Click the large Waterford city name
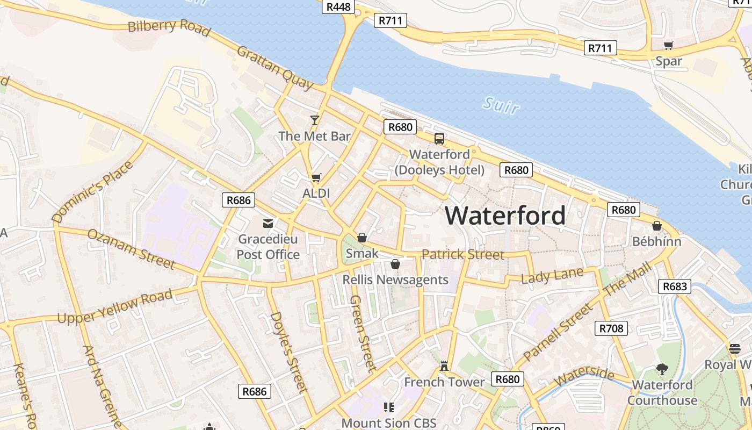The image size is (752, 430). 505,216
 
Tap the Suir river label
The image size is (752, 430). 501,105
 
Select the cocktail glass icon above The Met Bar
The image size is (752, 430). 315,120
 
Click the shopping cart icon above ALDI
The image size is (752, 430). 316,177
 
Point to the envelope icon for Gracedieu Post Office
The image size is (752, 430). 267,224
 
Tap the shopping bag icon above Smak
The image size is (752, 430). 362,238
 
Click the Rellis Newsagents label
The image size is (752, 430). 395,279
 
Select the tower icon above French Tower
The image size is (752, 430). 444,366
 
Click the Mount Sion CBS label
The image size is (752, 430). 389,423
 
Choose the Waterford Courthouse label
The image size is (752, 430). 662,393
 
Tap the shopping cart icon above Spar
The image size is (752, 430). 669,46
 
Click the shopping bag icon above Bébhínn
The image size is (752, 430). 656,226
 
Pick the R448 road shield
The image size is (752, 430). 338,6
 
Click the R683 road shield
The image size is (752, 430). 675,286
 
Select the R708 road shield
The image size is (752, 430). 611,328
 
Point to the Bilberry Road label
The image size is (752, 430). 169,26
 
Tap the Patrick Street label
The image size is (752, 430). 463,254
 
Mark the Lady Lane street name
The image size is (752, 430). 552,276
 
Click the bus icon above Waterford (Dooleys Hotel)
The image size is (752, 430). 439,139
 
